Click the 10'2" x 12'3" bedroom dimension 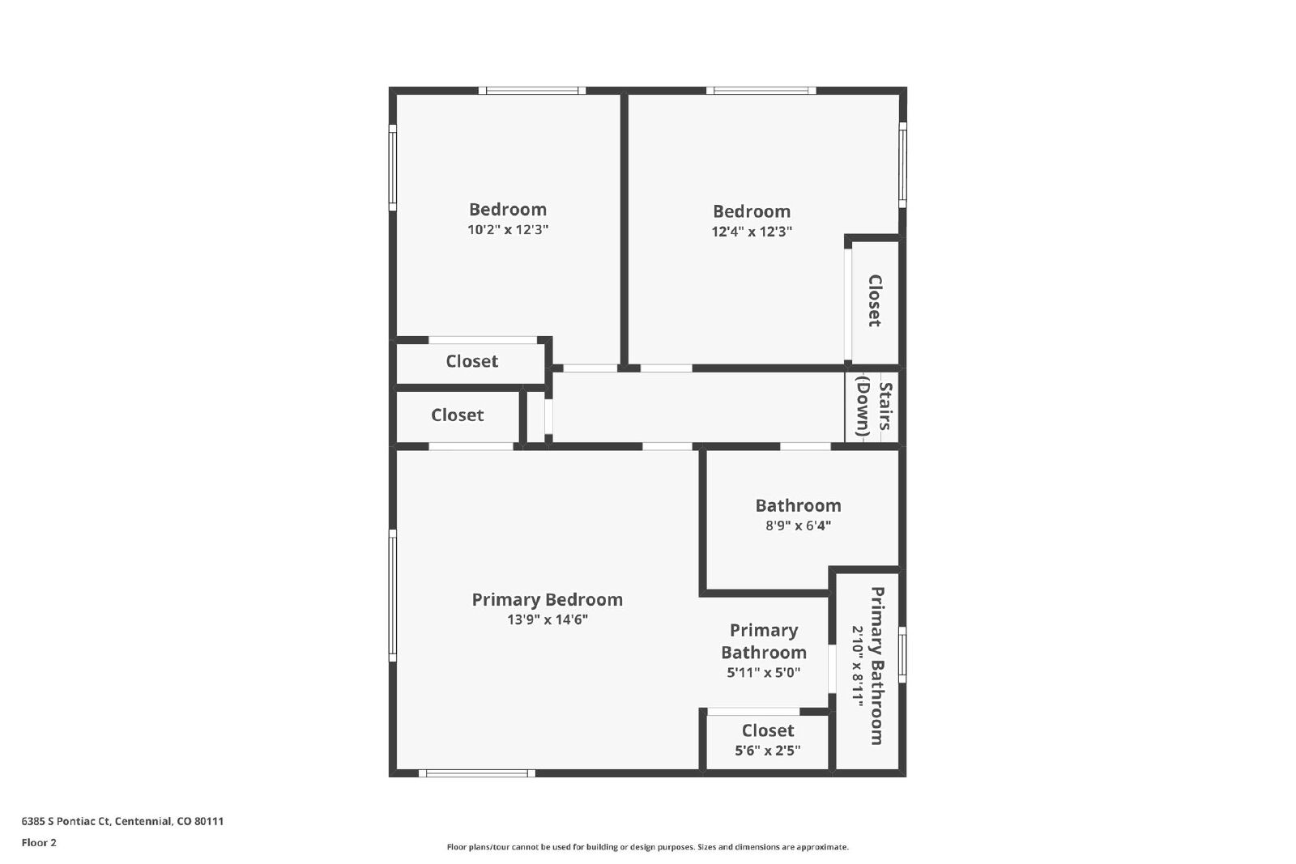(507, 230)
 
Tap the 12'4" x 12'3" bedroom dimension (752, 232)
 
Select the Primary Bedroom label (548, 600)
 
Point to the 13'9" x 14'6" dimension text (548, 619)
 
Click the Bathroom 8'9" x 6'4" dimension (799, 526)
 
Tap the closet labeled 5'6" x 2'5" (768, 739)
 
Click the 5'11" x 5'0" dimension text (764, 673)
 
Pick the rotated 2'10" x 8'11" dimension (858, 666)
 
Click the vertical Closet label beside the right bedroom (875, 300)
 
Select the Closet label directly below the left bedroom (471, 361)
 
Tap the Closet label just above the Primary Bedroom (457, 415)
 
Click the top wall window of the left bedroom (532, 90)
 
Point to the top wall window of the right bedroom (761, 90)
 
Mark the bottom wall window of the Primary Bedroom (477, 773)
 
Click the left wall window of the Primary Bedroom (393, 595)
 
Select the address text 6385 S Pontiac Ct (66, 821)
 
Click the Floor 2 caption (39, 843)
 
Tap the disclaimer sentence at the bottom (647, 847)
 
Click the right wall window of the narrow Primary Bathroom (902, 654)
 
